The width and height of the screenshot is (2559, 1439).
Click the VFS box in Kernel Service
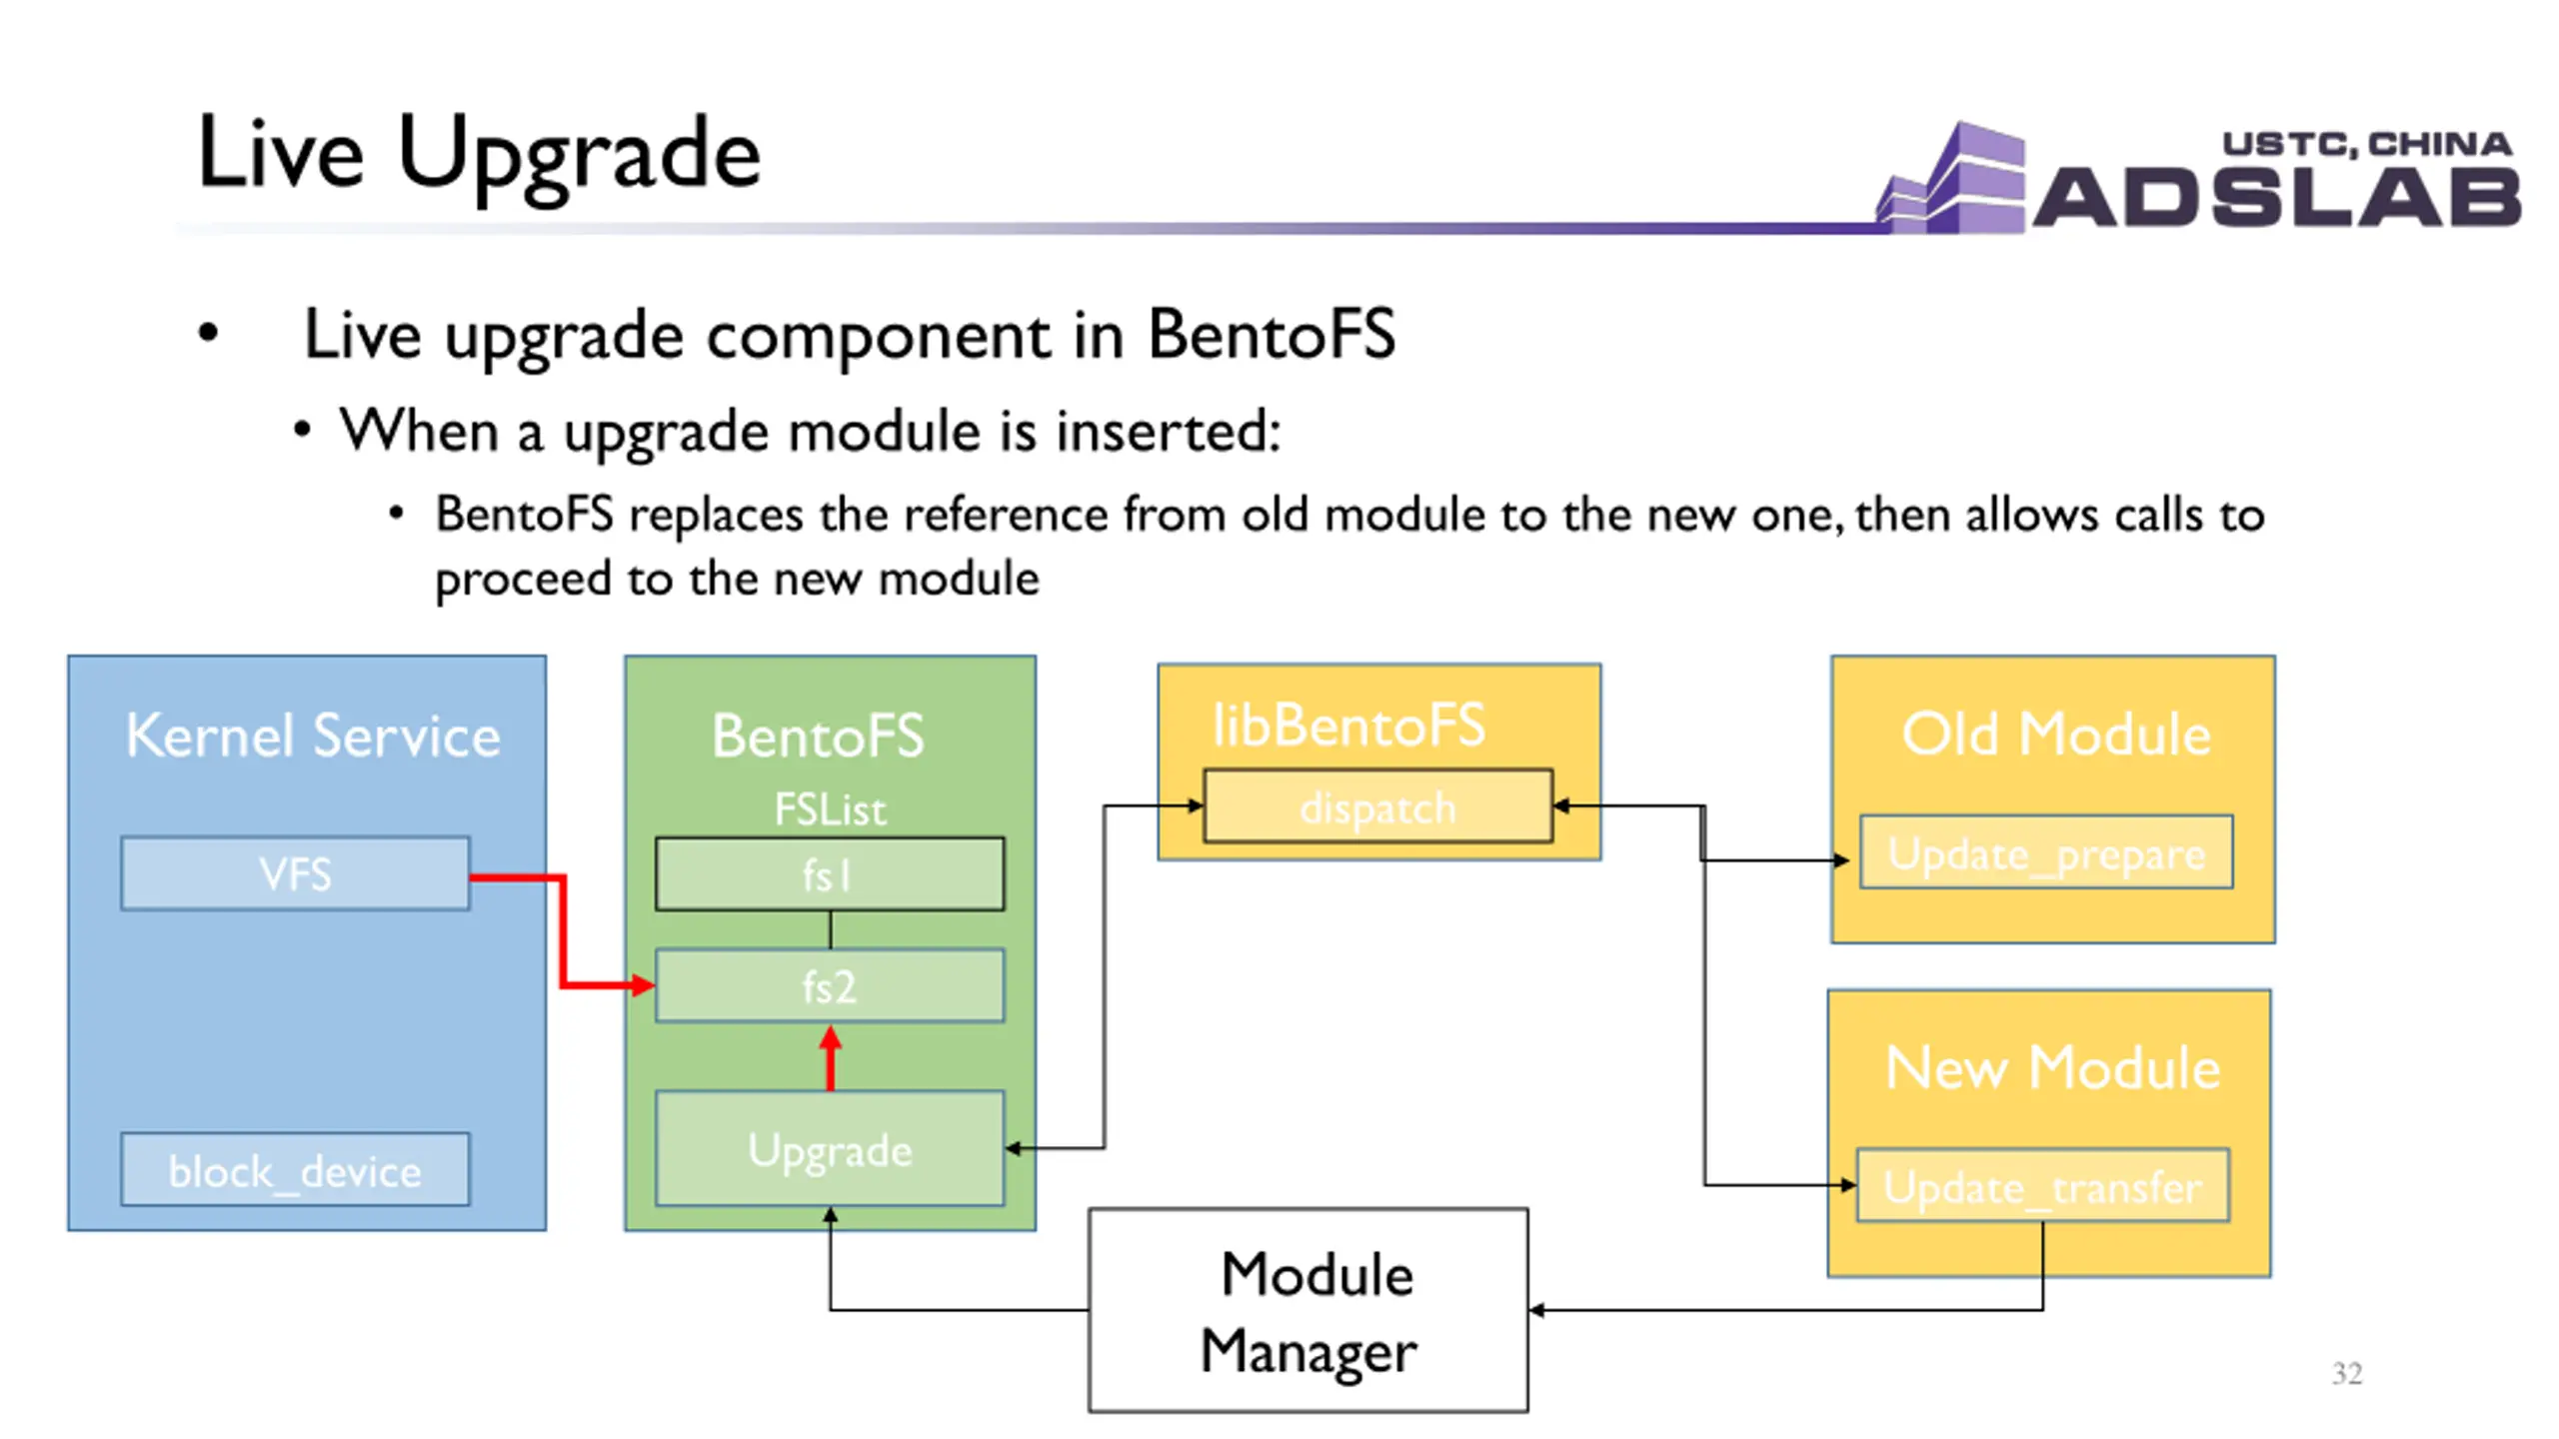click(295, 873)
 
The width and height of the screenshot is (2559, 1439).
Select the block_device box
click(295, 1169)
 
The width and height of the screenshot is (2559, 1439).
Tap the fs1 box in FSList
click(830, 873)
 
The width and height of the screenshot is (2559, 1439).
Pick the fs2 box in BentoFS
click(830, 985)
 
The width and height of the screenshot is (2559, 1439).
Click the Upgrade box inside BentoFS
click(830, 1148)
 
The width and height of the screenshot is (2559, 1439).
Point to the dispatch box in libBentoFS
click(1377, 805)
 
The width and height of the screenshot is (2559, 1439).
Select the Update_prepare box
click(2046, 851)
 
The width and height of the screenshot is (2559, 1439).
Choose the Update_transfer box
click(2043, 1185)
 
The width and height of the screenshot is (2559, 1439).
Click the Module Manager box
click(1308, 1310)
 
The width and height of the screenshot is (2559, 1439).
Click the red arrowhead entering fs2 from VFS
click(642, 986)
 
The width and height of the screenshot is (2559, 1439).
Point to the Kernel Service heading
click(313, 735)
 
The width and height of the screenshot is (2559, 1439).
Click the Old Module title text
click(2055, 734)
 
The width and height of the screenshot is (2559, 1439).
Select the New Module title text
click(2052, 1067)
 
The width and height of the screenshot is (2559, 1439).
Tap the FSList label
click(830, 809)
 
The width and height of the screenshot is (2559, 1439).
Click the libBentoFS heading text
click(1348, 724)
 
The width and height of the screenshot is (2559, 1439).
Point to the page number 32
click(2347, 1373)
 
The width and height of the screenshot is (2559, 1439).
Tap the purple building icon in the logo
click(1951, 178)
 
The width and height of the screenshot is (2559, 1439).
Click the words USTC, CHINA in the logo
click(2367, 144)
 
